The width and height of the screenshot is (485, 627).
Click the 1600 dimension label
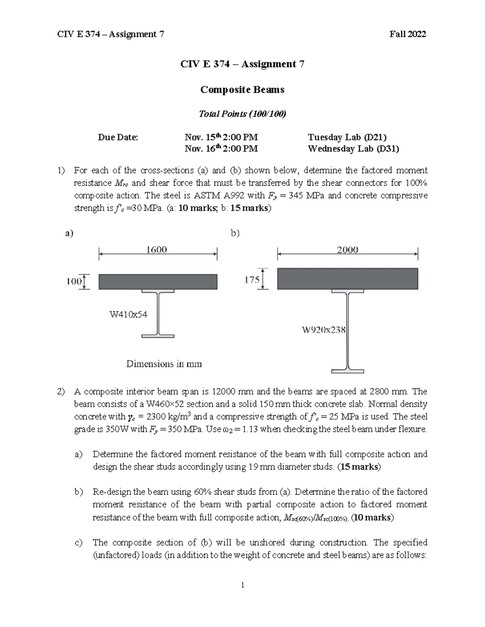156,250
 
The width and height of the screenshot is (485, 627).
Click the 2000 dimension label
347,250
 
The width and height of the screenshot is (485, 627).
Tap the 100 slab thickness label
74,281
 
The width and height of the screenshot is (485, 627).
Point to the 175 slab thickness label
252,279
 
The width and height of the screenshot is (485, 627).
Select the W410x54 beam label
129,314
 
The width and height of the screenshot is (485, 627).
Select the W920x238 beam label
324,330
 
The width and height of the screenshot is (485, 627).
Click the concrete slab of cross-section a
158,282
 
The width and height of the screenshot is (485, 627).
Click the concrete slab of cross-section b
347,279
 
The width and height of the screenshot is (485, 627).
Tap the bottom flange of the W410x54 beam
158,336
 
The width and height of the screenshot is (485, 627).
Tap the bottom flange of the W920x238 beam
347,371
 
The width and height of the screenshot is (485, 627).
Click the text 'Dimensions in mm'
164,364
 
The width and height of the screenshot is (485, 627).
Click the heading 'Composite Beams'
242,90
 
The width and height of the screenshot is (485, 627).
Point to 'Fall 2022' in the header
407,34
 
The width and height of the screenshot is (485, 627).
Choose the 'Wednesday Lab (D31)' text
353,149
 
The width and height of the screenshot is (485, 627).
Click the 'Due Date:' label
118,137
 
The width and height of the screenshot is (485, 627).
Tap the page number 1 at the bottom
242,585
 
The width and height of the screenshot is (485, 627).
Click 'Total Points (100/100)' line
242,114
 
